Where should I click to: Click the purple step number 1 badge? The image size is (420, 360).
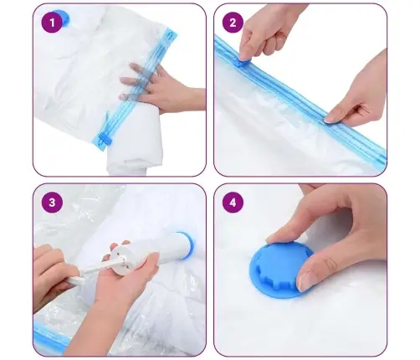52,23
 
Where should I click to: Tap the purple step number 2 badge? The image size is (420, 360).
233,23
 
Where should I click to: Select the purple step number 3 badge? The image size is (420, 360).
52,203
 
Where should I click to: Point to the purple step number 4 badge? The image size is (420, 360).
233,203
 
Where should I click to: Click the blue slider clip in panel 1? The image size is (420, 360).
104,139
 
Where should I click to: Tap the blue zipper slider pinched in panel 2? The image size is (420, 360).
242,63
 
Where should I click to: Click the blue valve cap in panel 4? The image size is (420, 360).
279,269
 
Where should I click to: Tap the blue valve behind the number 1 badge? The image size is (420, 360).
63,18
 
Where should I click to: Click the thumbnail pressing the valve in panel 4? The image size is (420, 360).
304,280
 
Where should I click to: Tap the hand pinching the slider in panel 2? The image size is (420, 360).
265,31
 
